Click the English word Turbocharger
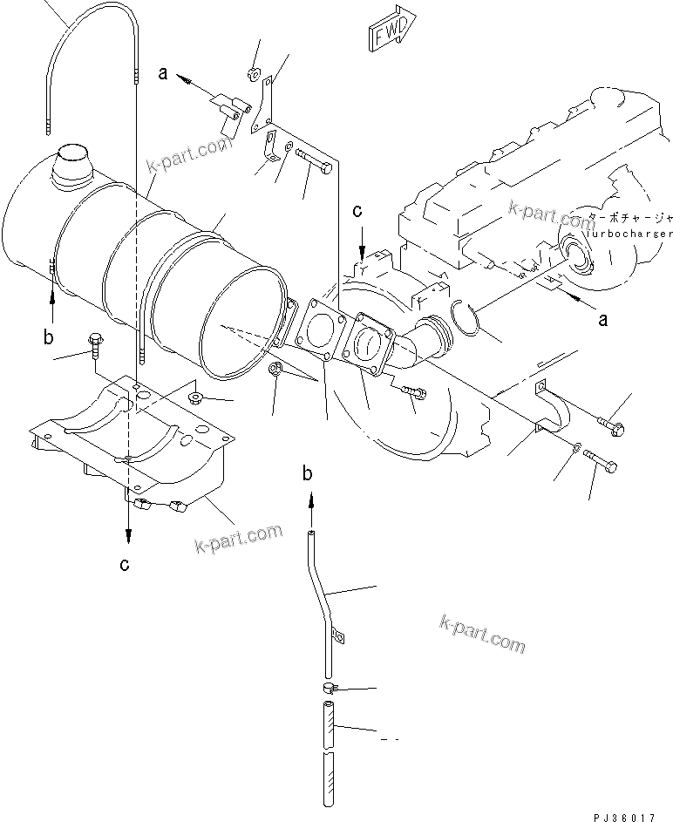point(627,234)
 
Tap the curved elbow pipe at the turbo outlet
point(426,339)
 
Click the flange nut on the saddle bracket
point(193,400)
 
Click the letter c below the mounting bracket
point(126,565)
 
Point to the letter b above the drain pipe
point(307,473)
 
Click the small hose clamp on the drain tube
point(328,689)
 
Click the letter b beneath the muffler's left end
point(50,336)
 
